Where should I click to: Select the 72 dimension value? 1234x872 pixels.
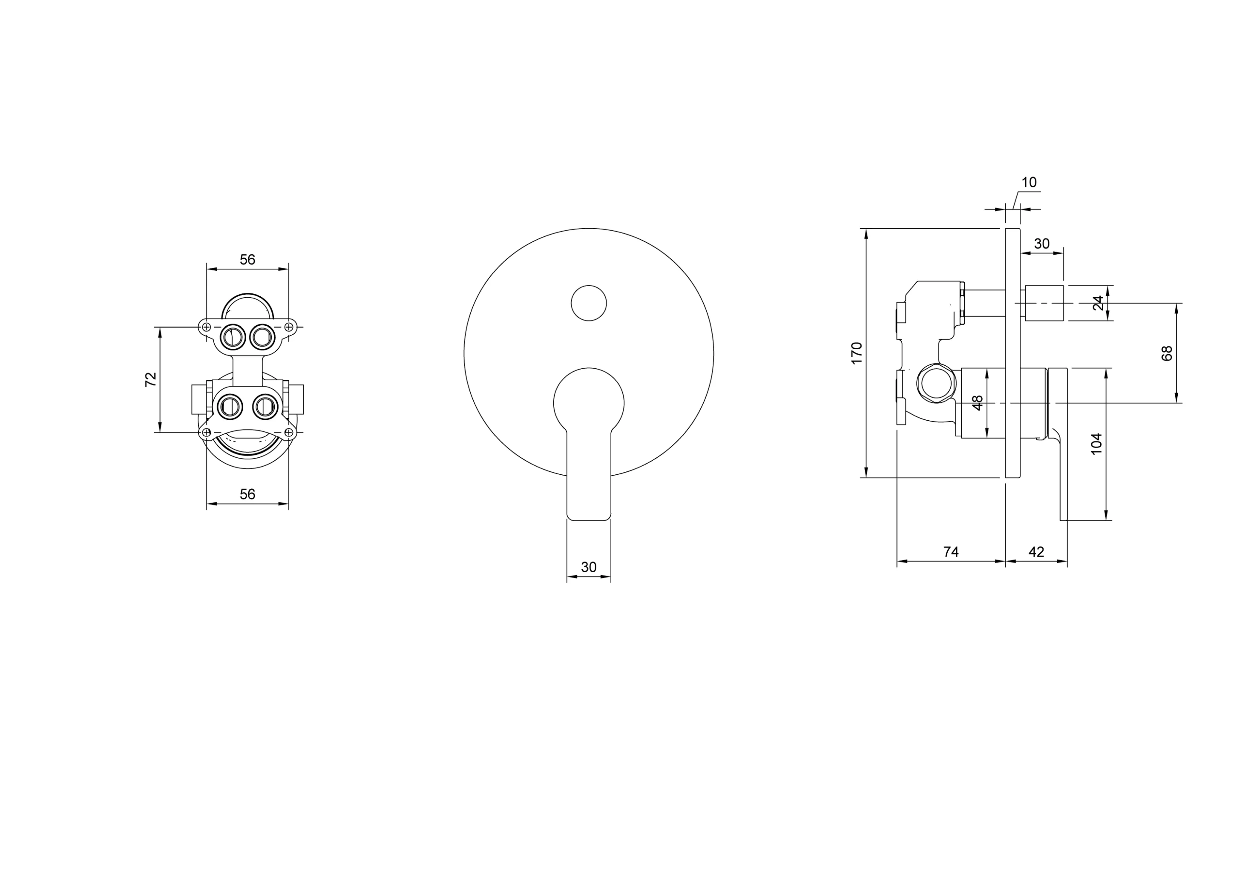(x=151, y=379)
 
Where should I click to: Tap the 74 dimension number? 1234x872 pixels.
(x=951, y=552)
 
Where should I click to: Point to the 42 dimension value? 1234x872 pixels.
(x=1036, y=552)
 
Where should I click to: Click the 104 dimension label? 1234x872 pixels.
(x=1096, y=444)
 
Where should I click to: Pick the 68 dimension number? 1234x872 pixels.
(x=1167, y=353)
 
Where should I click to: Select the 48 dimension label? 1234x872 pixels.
(x=978, y=402)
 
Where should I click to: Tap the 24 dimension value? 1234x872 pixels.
(x=1098, y=303)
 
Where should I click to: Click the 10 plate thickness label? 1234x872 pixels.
(x=1029, y=183)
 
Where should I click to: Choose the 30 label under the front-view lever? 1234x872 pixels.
(x=589, y=568)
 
